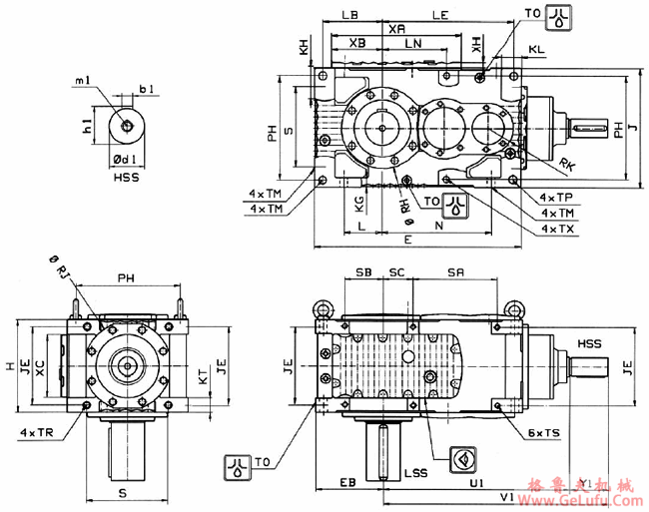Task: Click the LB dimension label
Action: (349, 17)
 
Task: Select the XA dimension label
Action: (396, 30)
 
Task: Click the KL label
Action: (537, 48)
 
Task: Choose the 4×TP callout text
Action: (556, 198)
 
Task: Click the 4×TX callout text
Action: (556, 229)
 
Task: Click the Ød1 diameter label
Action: (126, 159)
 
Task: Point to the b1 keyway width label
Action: (147, 90)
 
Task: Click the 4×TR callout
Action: (36, 433)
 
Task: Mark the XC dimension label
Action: (40, 366)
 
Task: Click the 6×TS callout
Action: (544, 433)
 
